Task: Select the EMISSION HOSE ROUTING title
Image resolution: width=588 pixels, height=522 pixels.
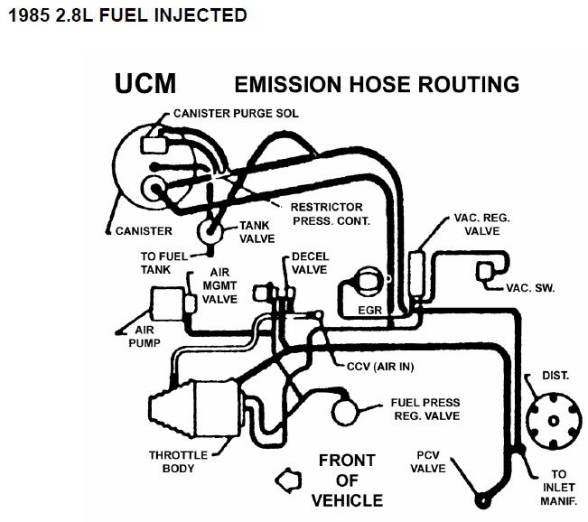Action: click(x=377, y=85)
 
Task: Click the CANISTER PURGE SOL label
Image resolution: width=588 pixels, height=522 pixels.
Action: click(x=230, y=114)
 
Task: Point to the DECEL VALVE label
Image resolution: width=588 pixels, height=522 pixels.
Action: click(x=309, y=262)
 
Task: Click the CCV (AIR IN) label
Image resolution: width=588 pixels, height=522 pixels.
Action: click(x=386, y=367)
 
